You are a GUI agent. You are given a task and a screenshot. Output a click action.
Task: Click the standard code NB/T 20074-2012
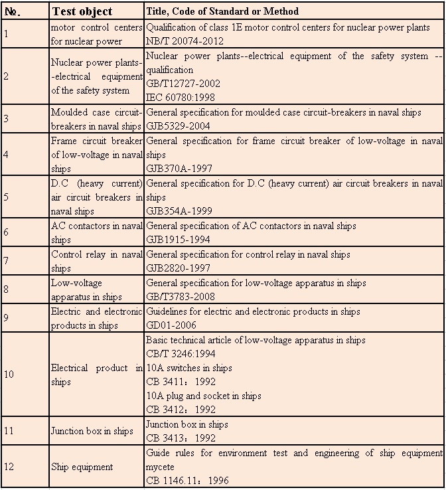(180, 41)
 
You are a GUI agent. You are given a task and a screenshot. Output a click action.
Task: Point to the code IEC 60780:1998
(177, 98)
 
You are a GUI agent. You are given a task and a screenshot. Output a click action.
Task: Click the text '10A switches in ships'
(189, 368)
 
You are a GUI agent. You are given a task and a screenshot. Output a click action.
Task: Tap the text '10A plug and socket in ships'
(203, 396)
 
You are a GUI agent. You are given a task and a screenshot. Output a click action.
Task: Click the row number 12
(9, 467)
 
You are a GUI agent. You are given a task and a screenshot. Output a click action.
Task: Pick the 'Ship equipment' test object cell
(82, 467)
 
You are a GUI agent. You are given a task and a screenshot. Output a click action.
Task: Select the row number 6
(7, 232)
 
